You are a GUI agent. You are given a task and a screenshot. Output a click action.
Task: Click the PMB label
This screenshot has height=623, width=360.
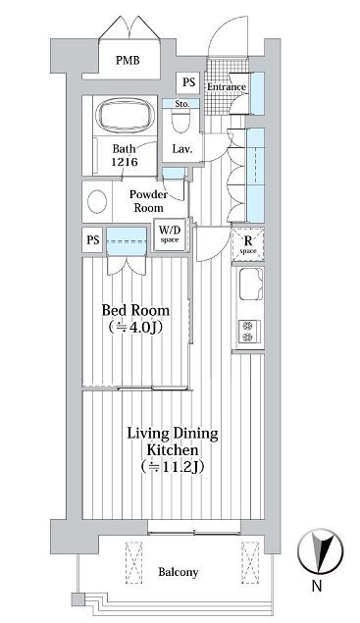[128, 61]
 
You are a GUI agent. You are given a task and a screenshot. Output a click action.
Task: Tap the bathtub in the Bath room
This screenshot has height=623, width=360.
[126, 115]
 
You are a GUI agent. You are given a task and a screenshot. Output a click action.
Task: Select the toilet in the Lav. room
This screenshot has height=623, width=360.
[181, 121]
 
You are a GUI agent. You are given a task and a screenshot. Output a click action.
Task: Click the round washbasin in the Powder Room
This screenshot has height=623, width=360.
[97, 201]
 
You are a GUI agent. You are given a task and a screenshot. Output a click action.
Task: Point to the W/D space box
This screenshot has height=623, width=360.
[170, 234]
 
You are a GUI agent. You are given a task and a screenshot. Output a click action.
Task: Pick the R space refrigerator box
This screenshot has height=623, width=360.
[248, 244]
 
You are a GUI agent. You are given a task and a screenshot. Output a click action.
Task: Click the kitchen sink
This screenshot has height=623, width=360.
[251, 284]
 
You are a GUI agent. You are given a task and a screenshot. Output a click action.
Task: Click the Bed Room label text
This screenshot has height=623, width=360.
[135, 310]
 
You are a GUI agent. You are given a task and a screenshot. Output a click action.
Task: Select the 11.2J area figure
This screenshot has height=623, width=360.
[173, 467]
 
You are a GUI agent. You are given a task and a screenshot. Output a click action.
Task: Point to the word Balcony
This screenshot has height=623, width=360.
[178, 572]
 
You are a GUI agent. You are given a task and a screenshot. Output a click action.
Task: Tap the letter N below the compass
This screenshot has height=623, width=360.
[317, 586]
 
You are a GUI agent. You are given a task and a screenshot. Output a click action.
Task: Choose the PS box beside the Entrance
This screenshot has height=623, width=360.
[188, 82]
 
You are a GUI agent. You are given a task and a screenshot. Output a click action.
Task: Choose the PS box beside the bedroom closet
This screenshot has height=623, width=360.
[92, 240]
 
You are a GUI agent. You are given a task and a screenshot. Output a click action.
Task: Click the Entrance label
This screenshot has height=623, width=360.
[226, 86]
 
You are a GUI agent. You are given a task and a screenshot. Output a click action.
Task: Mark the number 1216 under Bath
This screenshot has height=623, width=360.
[125, 162]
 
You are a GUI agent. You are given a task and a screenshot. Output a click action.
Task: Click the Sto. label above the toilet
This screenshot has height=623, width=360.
[182, 104]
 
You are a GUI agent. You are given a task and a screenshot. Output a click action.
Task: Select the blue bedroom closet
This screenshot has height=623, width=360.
[127, 241]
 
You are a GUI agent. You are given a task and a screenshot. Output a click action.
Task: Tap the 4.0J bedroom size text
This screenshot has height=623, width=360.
[135, 327]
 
